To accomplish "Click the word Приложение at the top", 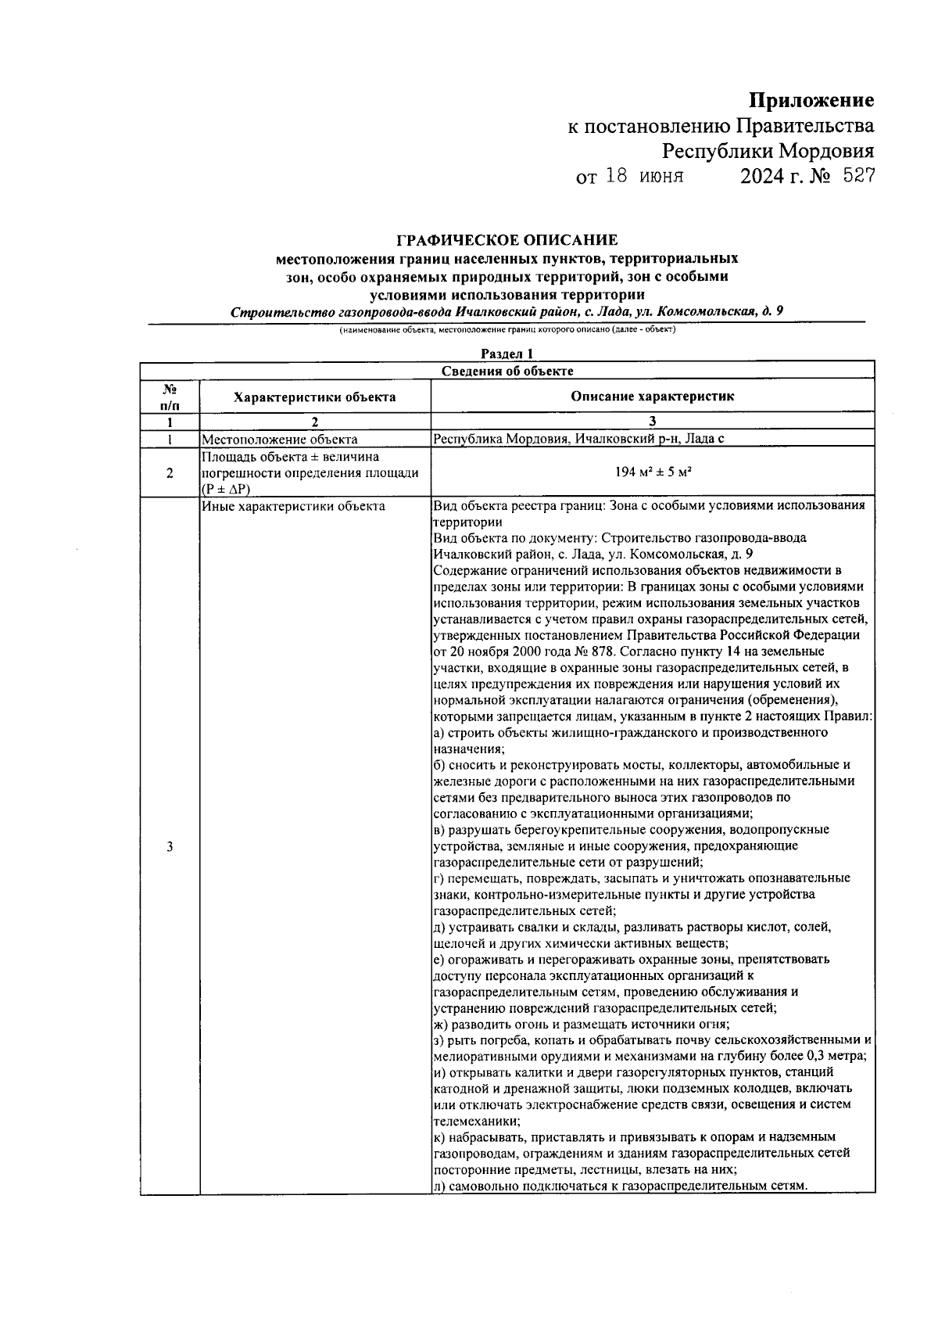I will click(811, 100).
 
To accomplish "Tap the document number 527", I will click(858, 177).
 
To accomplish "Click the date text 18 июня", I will click(645, 177).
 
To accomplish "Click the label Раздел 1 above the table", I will click(507, 354).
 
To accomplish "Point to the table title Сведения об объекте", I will click(507, 372).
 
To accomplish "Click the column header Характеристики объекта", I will click(314, 397).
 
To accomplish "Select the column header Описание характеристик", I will click(652, 397).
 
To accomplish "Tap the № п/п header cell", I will click(170, 397).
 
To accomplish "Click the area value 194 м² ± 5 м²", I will click(652, 472).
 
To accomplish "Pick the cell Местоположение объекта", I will click(280, 440).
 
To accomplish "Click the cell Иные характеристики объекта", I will click(293, 506).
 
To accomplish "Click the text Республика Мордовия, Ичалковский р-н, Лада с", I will click(578, 440).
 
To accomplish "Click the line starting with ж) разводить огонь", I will click(582, 1025).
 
